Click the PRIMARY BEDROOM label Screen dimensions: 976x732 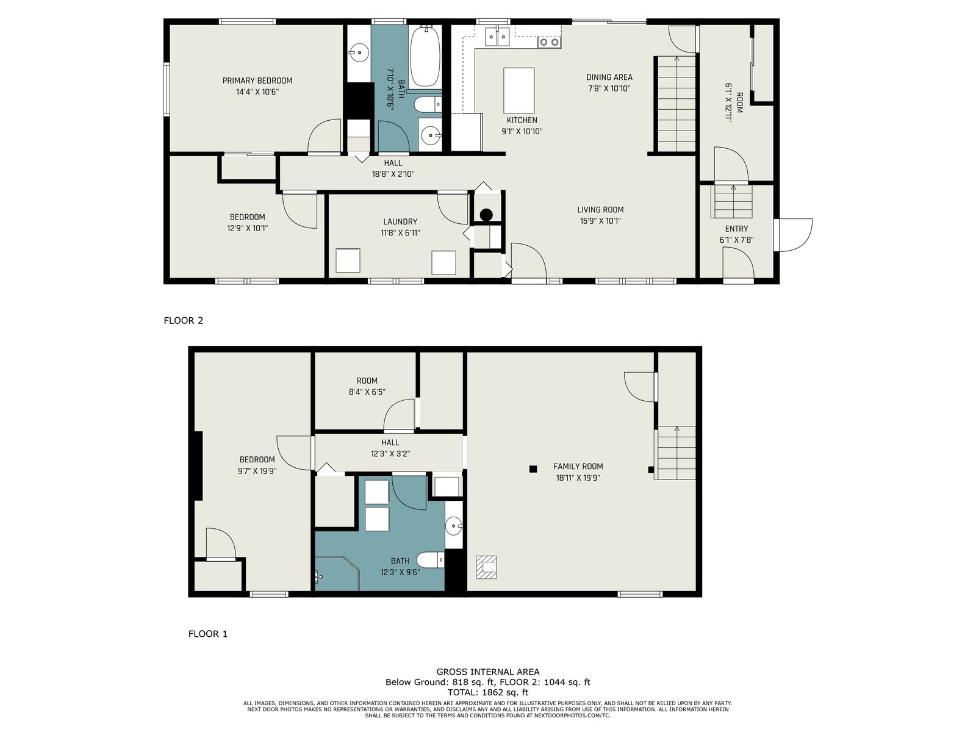click(257, 81)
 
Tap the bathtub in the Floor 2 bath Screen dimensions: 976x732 click(425, 57)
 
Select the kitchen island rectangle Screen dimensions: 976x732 click(518, 90)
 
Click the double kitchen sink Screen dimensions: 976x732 click(497, 36)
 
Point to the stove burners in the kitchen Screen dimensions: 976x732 click(549, 42)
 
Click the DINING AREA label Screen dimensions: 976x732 click(609, 77)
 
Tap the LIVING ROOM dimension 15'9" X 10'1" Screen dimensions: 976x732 click(600, 221)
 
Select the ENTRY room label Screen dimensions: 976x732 click(736, 229)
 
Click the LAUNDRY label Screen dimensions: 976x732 click(400, 221)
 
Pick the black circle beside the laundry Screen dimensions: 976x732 click(486, 215)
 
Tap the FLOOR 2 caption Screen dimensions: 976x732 click(183, 320)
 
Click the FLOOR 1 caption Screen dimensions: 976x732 click(207, 634)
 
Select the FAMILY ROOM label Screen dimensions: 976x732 click(578, 466)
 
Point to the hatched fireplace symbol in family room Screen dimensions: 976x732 click(486, 567)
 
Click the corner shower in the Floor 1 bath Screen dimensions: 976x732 click(337, 573)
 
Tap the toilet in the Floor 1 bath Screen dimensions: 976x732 click(431, 560)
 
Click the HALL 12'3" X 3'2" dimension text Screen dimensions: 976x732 click(390, 454)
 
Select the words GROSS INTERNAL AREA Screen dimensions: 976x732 click(488, 672)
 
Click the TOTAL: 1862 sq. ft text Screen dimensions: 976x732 click(488, 692)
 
